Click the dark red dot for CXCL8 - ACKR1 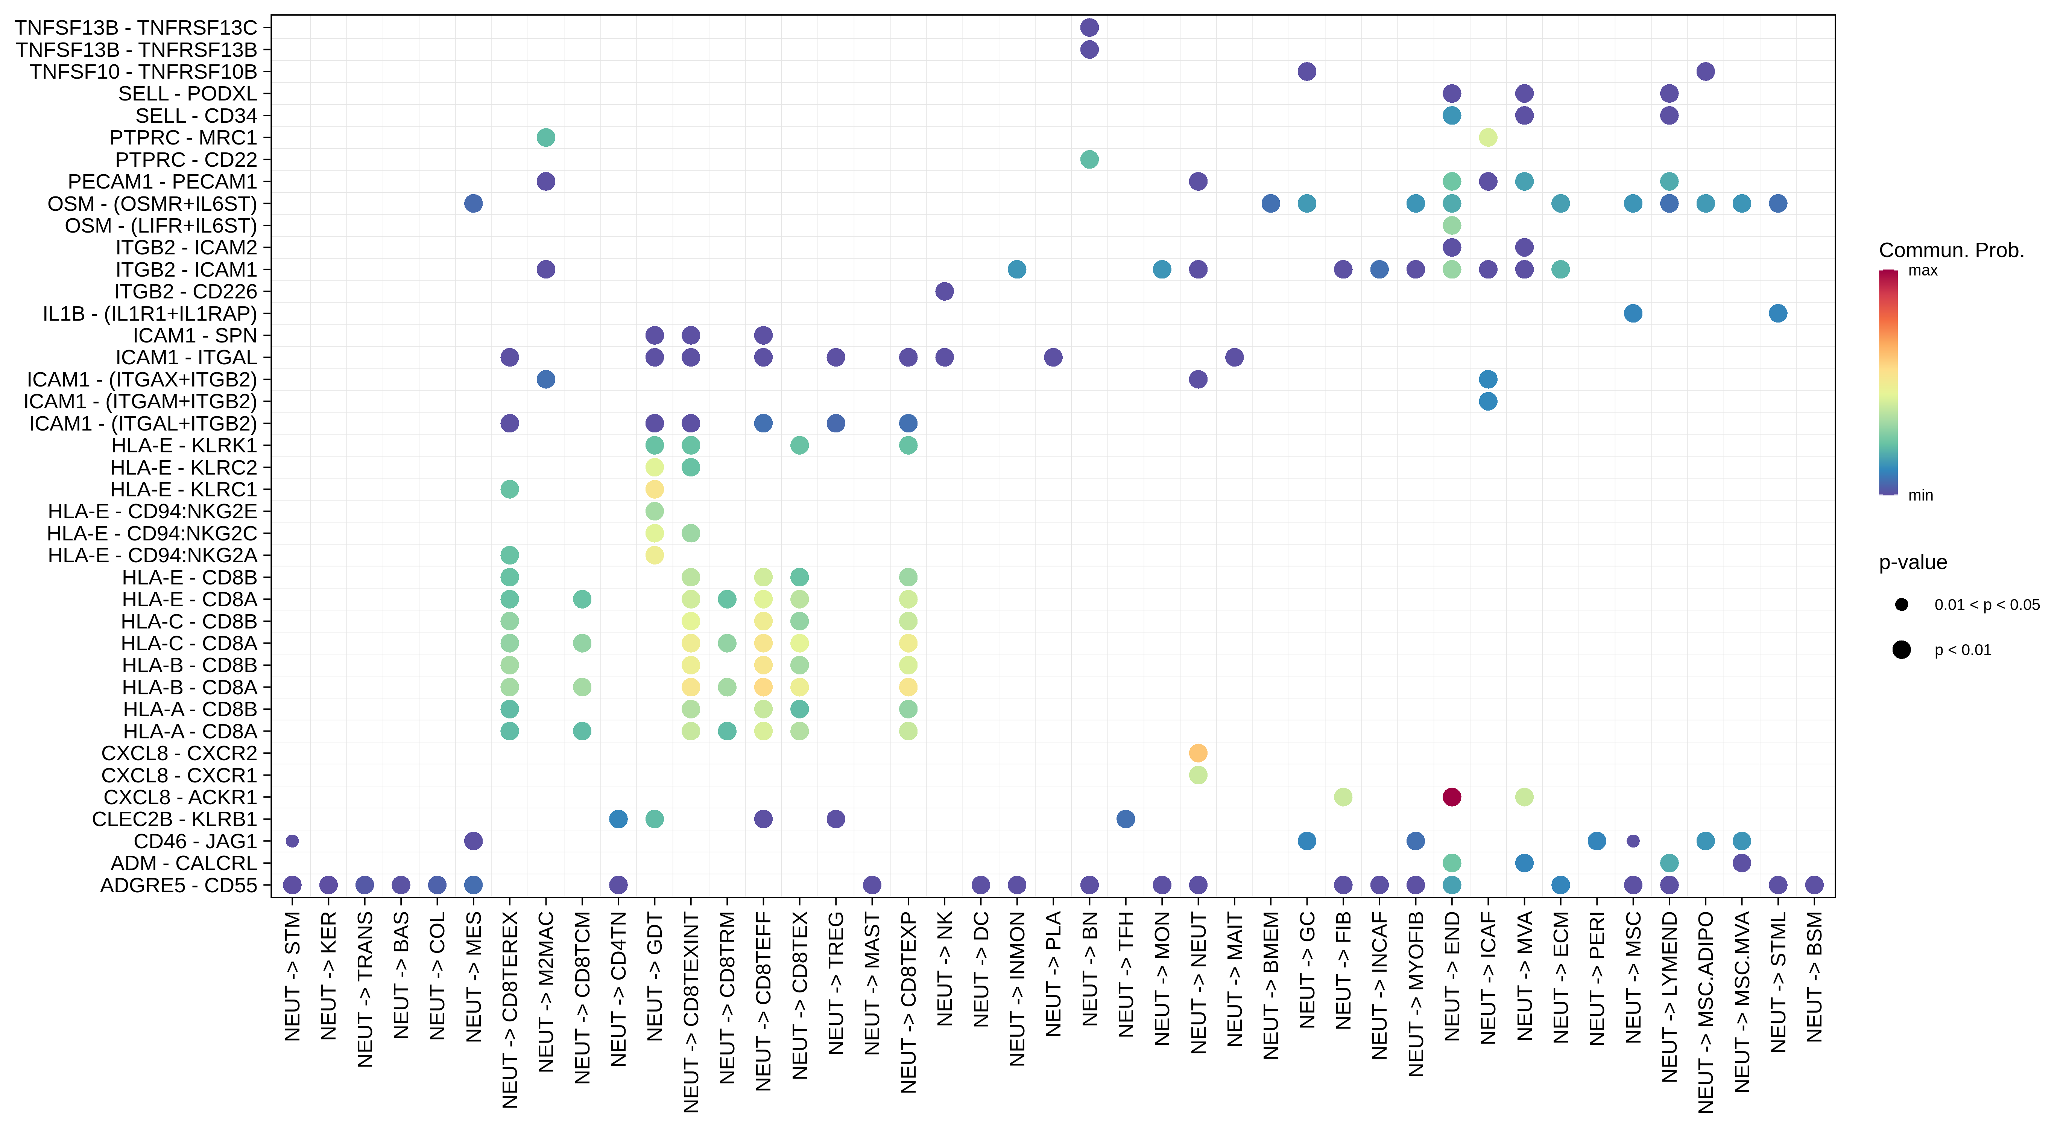1451,797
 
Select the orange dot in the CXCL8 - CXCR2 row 1197,753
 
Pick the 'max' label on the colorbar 1923,271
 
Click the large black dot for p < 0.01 1901,650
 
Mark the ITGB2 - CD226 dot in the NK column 945,291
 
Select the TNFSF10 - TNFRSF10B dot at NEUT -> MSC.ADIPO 1705,72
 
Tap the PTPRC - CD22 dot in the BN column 1089,159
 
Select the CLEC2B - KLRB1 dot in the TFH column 1125,819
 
